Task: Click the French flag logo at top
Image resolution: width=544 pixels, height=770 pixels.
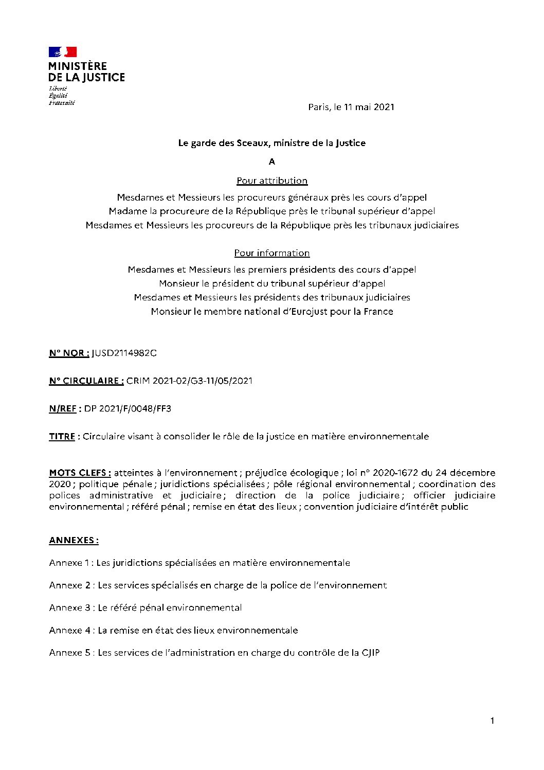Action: (63, 52)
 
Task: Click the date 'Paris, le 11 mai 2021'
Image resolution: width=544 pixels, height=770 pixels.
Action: (351, 107)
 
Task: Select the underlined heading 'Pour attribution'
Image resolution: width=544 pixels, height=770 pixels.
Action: (272, 181)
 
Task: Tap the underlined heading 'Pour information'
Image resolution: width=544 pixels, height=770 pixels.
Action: (272, 253)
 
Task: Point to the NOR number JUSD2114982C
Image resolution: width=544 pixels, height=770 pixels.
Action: (124, 353)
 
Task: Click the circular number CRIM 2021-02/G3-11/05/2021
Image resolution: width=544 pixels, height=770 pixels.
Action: (189, 381)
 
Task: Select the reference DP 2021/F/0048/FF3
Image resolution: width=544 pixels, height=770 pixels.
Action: (128, 409)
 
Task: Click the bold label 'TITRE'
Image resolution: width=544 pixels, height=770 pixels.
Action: (62, 437)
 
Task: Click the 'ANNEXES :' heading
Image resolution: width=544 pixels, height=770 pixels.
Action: (74, 540)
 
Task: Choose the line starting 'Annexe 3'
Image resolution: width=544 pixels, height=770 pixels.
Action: (146, 607)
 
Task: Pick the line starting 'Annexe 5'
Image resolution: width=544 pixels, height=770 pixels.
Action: (214, 653)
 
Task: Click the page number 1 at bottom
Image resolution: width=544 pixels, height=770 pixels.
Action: (492, 721)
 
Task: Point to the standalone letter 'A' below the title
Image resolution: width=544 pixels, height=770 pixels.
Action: (272, 162)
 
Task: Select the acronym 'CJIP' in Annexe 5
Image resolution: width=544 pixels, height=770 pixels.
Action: (370, 653)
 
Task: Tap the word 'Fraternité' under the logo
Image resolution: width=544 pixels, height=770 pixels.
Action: (62, 103)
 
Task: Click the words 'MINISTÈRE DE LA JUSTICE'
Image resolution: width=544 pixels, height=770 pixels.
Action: (86, 72)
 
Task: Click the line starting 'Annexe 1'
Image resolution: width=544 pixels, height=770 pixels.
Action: (200, 563)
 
